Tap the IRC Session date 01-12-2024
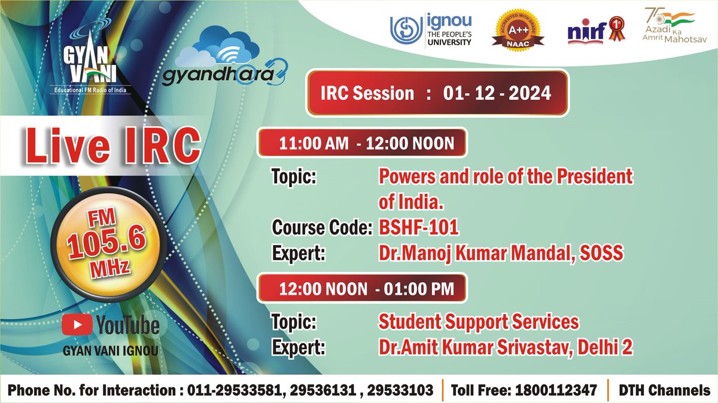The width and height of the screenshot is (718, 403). click(x=497, y=93)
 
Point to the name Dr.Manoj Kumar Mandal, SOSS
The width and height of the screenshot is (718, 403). click(x=500, y=254)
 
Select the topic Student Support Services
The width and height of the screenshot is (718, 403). click(x=478, y=322)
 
